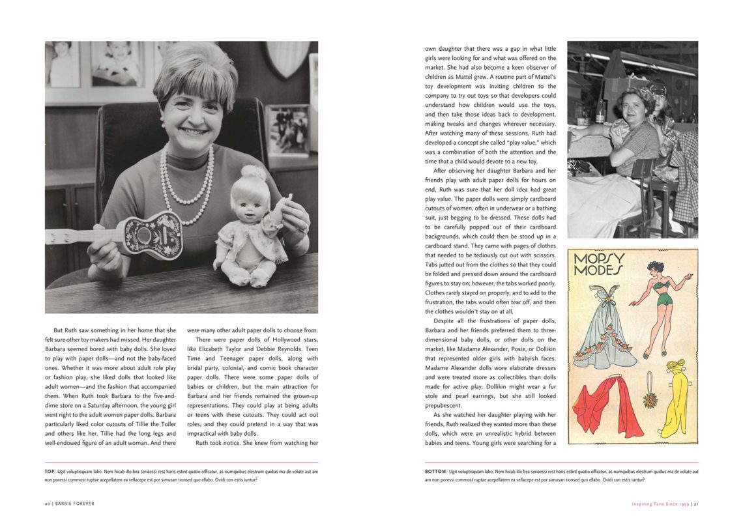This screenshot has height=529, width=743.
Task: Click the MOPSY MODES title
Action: pyautogui.click(x=598, y=264)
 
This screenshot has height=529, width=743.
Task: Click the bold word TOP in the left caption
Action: pyautogui.click(x=50, y=471)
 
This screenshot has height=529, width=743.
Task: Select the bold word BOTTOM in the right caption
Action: pyautogui.click(x=435, y=471)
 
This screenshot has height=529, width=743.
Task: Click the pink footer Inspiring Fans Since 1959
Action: pyautogui.click(x=660, y=504)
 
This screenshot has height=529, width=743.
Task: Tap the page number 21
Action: pyautogui.click(x=695, y=504)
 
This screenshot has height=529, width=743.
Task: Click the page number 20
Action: pyautogui.click(x=48, y=504)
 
